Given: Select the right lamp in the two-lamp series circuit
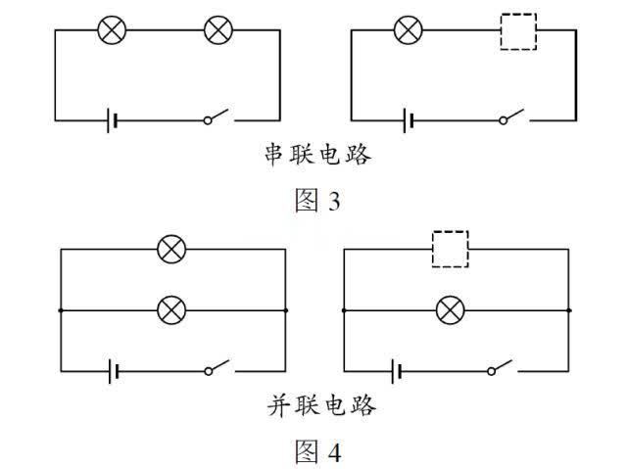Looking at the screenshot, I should click(x=217, y=30).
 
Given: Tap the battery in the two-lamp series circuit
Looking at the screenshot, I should click(x=114, y=120).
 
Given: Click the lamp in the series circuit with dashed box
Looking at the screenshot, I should click(x=407, y=30).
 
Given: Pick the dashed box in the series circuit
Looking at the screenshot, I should click(x=517, y=30).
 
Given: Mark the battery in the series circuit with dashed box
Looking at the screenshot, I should click(x=409, y=120).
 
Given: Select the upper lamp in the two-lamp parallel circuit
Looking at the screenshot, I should click(x=171, y=249).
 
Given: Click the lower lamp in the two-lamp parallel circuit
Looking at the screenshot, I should click(x=171, y=310).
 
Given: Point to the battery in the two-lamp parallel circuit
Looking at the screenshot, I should click(x=115, y=371).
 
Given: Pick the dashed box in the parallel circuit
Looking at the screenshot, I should click(x=451, y=249).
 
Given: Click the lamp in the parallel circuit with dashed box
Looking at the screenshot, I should click(x=451, y=310).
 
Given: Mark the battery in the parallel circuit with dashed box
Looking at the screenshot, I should click(x=397, y=371).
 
